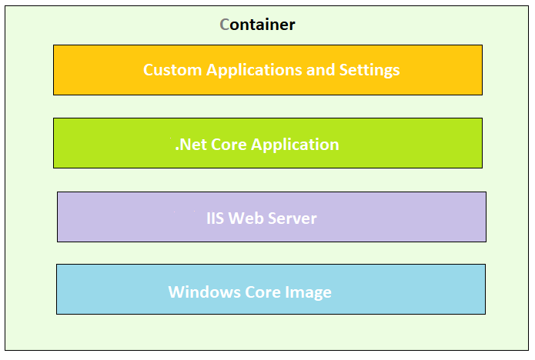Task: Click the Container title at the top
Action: [257, 25]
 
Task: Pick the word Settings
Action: [369, 70]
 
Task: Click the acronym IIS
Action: [216, 218]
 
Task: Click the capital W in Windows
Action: [176, 292]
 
